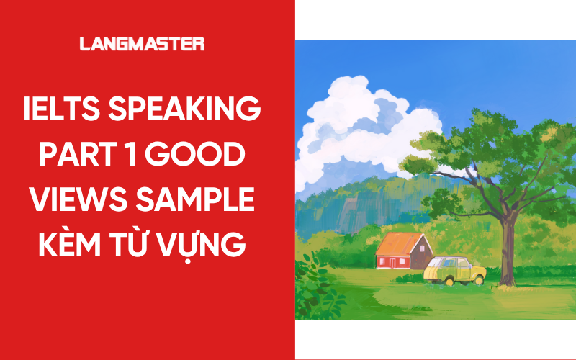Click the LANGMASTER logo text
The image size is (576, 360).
[142, 45]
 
